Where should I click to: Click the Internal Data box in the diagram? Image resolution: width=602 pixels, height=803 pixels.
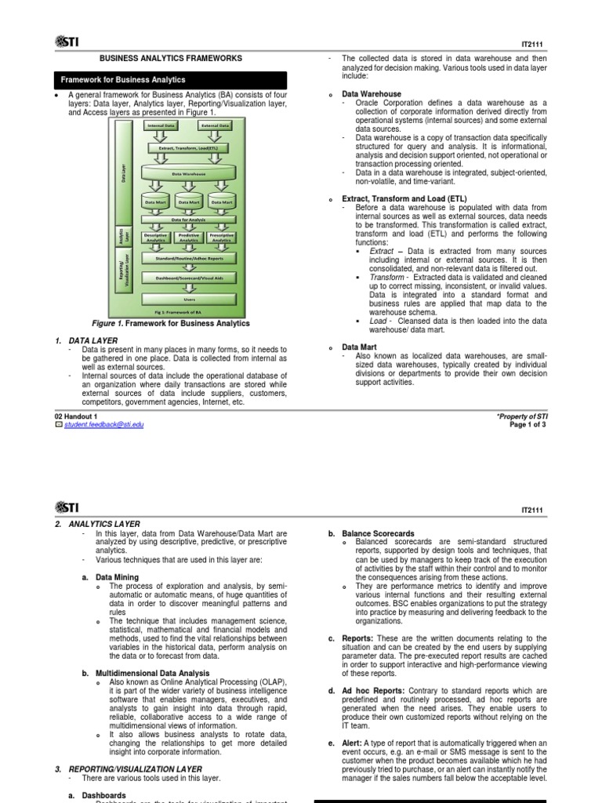click(x=161, y=125)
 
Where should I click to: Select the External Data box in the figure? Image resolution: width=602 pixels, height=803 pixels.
click(x=215, y=125)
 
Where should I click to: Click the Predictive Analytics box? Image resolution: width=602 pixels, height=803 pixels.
click(x=189, y=237)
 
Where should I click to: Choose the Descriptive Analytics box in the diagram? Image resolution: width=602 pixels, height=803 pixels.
click(x=154, y=237)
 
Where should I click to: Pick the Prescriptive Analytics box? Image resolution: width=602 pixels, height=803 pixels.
click(x=223, y=237)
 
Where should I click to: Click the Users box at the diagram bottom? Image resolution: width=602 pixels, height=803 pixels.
click(x=189, y=299)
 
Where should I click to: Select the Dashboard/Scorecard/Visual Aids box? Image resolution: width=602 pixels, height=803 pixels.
click(x=189, y=277)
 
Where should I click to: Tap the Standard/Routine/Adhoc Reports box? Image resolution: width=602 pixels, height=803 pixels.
click(x=189, y=256)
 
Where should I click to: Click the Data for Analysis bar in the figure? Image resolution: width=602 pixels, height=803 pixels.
click(x=189, y=220)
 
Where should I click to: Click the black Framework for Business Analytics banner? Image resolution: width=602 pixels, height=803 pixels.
click(x=170, y=80)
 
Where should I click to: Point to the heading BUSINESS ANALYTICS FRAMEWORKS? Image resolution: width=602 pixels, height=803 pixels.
click(x=170, y=58)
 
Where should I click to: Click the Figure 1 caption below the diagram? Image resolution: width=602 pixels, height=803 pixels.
click(x=171, y=323)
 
